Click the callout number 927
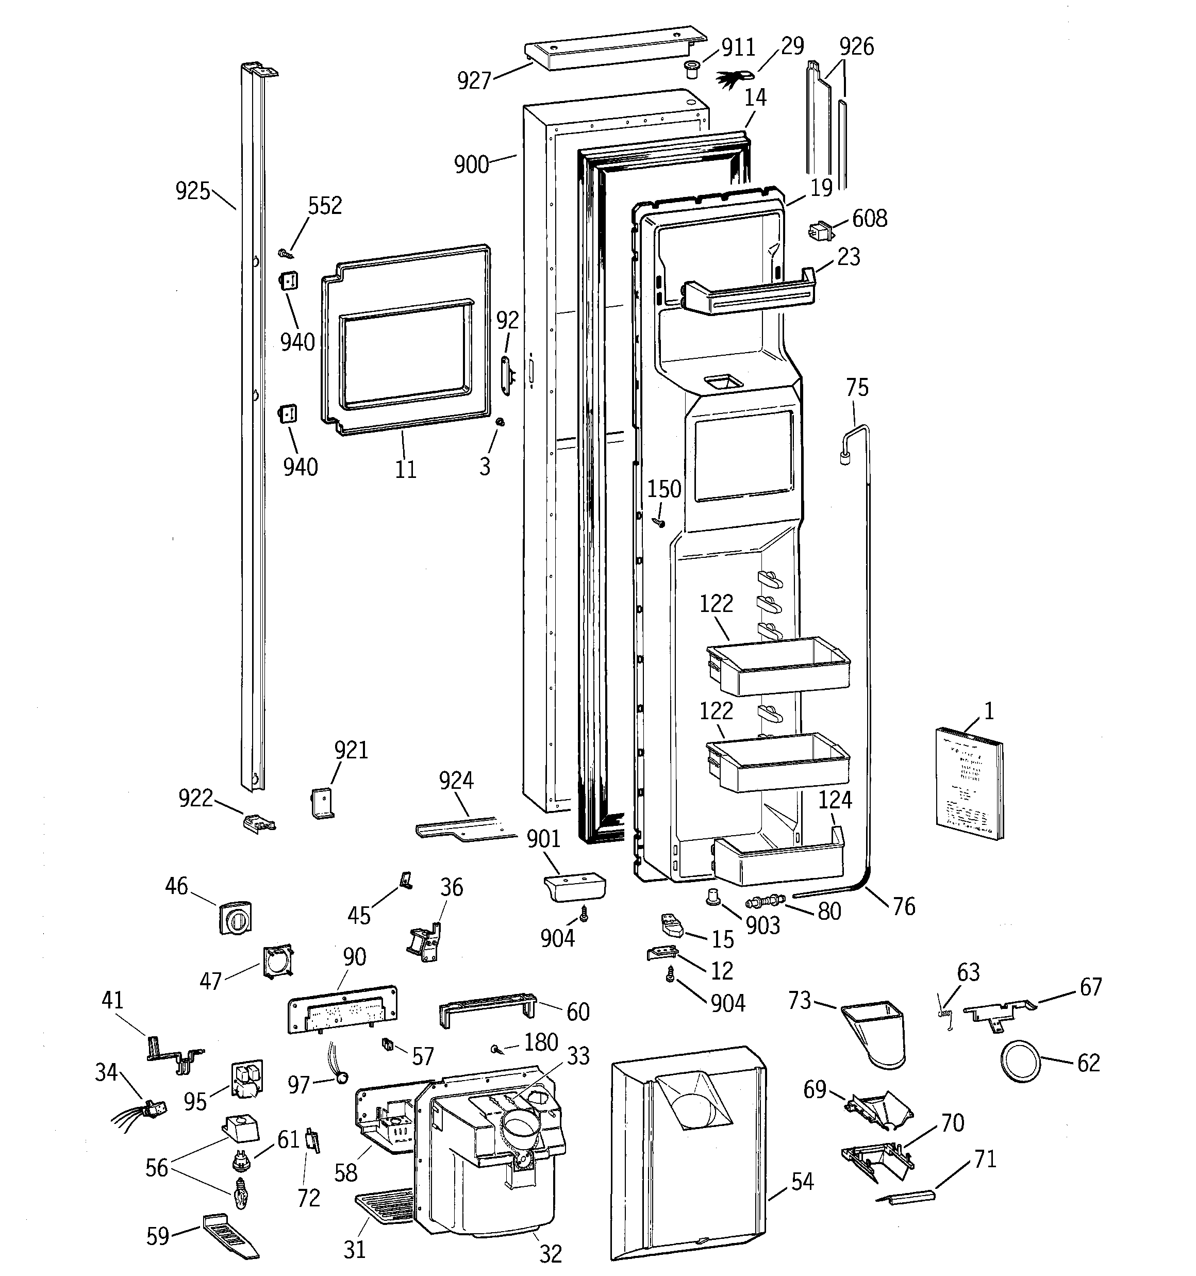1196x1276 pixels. point(474,81)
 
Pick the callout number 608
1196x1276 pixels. point(869,219)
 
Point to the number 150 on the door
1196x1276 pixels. point(663,489)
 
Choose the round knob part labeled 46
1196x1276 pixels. point(235,917)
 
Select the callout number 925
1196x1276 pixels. point(193,191)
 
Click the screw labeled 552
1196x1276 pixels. point(287,254)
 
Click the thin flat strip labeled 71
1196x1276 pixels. point(906,1197)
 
